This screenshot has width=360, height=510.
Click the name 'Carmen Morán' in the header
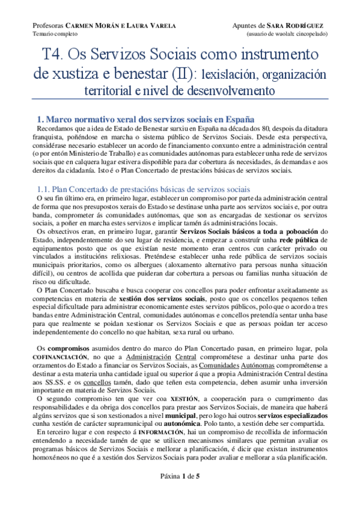(87, 26)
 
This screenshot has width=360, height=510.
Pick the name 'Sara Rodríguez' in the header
(301, 26)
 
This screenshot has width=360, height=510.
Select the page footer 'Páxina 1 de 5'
(180, 492)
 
